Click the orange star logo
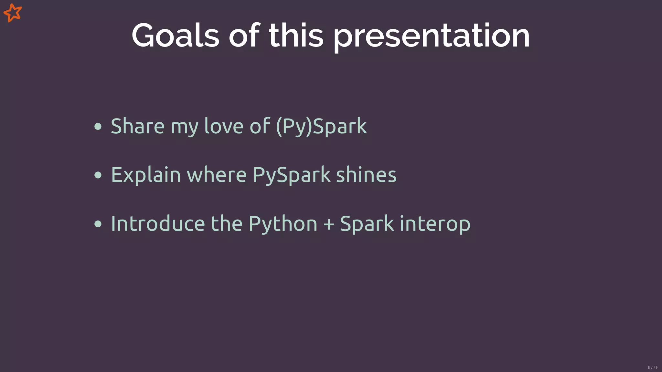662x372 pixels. tap(13, 13)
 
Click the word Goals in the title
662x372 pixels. tap(175, 36)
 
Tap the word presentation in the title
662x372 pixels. tap(432, 36)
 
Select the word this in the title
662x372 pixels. tap(296, 36)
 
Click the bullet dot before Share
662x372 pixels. tap(98, 126)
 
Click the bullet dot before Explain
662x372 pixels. tap(98, 175)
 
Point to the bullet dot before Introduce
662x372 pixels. tap(98, 224)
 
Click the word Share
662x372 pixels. tap(138, 126)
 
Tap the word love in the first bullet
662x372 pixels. tap(224, 126)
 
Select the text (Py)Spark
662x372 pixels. tap(322, 126)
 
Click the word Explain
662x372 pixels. tap(146, 175)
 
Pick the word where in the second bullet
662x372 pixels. tap(217, 175)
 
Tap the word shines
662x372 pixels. tap(366, 175)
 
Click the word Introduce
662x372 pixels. tap(158, 224)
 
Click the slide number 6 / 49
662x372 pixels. tap(652, 367)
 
